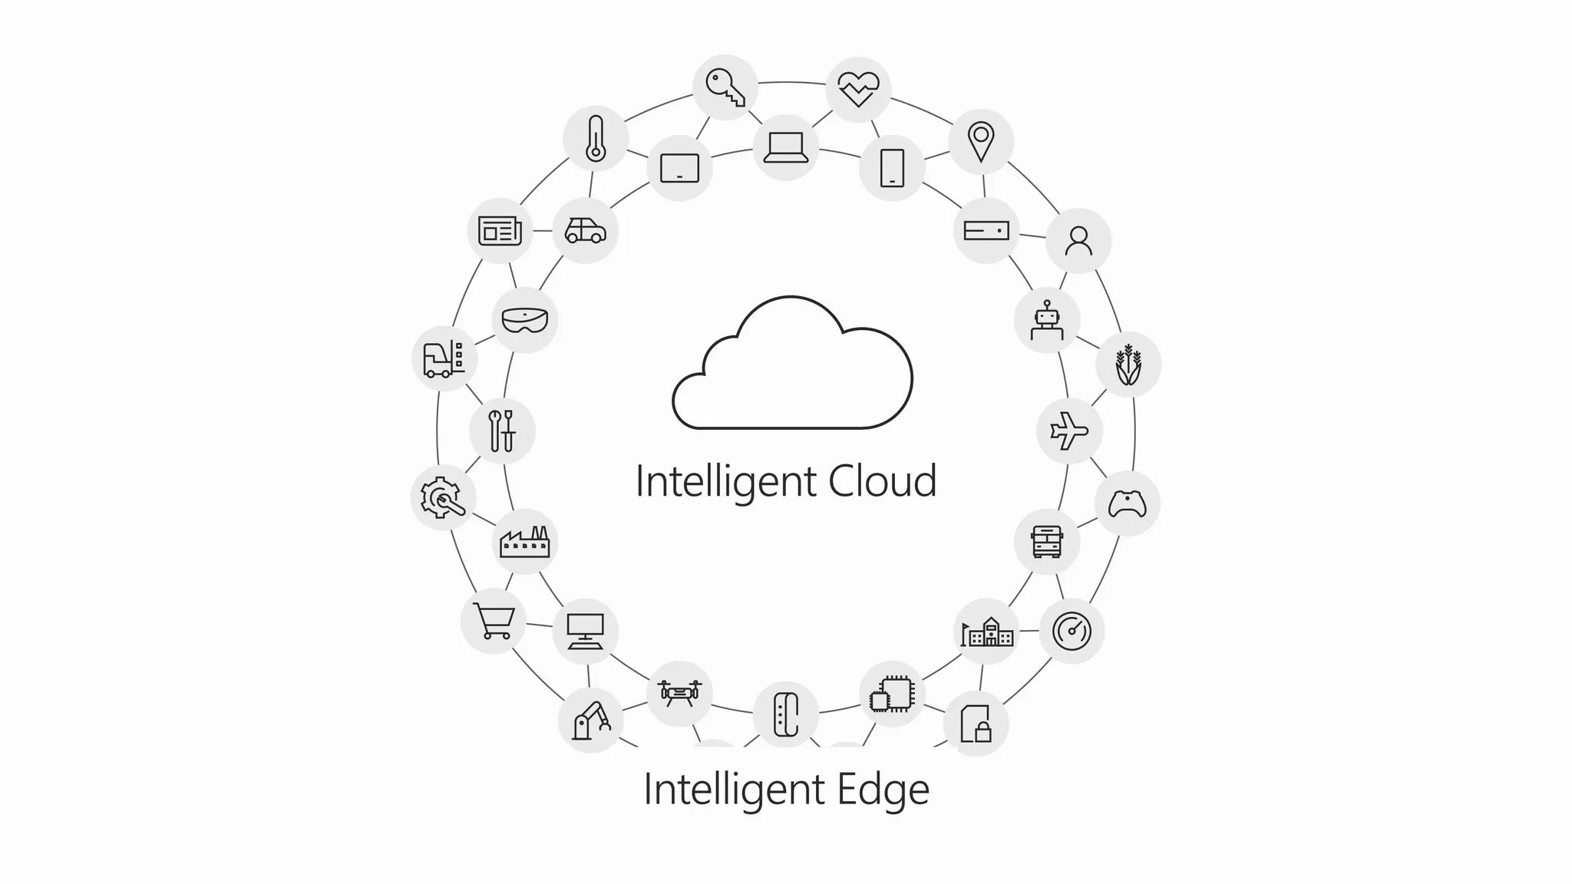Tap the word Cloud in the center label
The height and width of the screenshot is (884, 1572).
(x=883, y=481)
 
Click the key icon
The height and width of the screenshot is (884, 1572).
(x=725, y=87)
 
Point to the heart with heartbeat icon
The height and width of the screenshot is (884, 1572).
(x=858, y=89)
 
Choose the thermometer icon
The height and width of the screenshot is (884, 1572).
(x=596, y=139)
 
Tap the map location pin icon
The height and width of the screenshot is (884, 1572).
(x=980, y=142)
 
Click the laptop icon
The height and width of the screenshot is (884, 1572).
(x=785, y=147)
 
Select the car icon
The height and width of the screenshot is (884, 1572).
(x=585, y=230)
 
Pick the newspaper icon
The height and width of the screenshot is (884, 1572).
(x=500, y=230)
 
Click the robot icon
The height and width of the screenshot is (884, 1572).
(x=1047, y=320)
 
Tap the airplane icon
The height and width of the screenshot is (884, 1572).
(x=1069, y=430)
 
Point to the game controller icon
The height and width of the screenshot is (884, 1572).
(x=1127, y=503)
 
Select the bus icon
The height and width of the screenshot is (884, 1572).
(x=1047, y=542)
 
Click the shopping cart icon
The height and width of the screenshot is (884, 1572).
(x=494, y=621)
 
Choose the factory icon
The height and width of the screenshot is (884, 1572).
(x=525, y=542)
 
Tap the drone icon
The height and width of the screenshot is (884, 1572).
(x=679, y=693)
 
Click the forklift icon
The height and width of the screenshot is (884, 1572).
(x=444, y=358)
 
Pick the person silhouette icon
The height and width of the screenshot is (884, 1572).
(x=1078, y=241)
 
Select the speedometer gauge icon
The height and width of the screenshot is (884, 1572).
(x=1072, y=631)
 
